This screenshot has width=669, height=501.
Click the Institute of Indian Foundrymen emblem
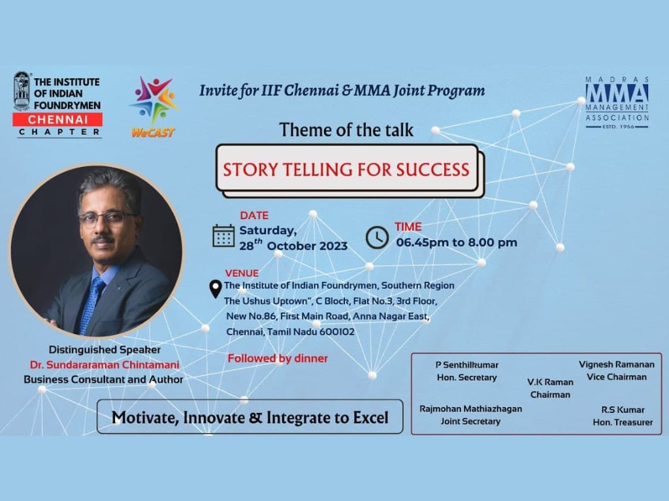pos(22,91)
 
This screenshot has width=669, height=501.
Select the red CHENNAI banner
pos(57,119)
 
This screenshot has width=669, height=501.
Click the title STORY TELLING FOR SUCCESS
pos(346,170)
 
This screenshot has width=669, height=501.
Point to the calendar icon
pos(223,235)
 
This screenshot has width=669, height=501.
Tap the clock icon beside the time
pos(377,237)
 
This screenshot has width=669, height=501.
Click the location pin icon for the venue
pos(215,289)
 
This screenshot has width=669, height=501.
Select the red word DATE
pos(254,215)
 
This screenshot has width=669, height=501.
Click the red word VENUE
pos(242,273)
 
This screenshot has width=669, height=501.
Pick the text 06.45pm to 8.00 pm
pos(457,242)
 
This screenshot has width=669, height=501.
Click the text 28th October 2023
pos(293,246)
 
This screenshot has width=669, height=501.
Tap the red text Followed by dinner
pos(278,358)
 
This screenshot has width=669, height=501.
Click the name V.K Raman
pos(550,382)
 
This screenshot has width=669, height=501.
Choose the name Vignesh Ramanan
pos(616,365)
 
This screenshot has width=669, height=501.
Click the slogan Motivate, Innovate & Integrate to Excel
pos(250,417)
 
